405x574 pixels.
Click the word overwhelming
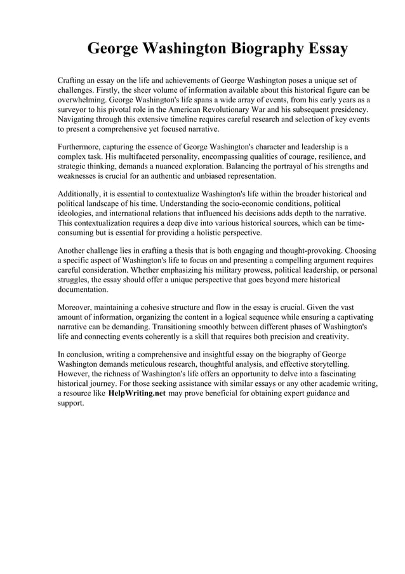81,100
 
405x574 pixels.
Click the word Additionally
81,193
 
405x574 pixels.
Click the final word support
70,403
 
